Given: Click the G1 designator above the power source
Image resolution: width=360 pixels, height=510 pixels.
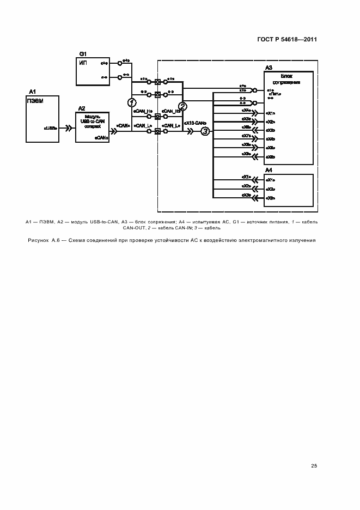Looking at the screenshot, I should click(83, 54).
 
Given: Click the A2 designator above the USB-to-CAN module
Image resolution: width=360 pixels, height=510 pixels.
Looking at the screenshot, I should click(82, 108).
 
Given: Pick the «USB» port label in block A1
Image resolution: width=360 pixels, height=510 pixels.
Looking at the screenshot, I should click(51, 129).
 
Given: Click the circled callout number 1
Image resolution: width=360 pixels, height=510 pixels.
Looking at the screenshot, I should click(131, 102).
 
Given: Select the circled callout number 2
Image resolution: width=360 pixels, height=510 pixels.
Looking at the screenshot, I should click(183, 106).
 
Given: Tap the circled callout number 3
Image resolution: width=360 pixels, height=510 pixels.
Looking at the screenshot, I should click(205, 131).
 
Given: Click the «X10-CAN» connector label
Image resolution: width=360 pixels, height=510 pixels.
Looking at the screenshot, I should click(195, 123).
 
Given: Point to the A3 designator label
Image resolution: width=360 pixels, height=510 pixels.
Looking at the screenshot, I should click(269, 68).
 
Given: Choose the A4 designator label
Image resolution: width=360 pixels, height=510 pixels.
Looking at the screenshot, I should click(269, 171).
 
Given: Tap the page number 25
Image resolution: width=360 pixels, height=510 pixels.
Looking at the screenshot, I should click(314, 465).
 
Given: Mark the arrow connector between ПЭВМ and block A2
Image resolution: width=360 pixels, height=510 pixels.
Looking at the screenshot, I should click(68, 129).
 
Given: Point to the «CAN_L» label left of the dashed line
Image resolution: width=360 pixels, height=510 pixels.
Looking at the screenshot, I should click(142, 125).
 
